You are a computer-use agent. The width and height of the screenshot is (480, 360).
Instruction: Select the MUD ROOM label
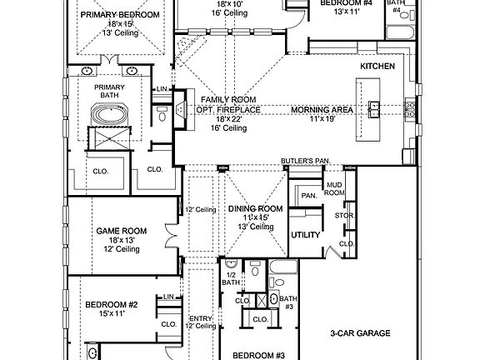pos(333,187)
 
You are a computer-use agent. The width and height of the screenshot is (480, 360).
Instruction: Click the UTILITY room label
pos(305,235)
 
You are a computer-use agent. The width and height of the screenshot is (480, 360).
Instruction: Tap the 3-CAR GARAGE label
pos(360,333)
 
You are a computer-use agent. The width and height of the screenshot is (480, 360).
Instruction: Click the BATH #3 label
pos(287,302)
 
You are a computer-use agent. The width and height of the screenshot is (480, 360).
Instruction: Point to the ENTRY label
pos(200,317)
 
